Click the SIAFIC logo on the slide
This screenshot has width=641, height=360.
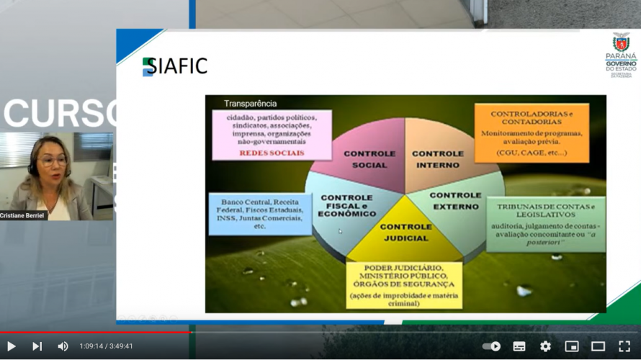click(174, 66)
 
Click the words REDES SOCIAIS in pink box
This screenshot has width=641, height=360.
click(272, 153)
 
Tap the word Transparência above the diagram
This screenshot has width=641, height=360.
click(250, 104)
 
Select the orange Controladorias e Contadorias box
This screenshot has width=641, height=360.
click(532, 132)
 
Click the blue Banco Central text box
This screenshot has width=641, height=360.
click(260, 214)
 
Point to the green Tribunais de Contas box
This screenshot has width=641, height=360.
click(545, 224)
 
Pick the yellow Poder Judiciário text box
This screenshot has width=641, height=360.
click(403, 285)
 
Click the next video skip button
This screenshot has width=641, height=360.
click(37, 346)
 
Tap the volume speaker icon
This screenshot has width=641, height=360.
click(63, 346)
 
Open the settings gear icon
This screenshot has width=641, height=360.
click(545, 346)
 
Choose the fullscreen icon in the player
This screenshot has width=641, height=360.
click(624, 346)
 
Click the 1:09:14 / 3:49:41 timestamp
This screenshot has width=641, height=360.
click(106, 346)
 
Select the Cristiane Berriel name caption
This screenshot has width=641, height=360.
click(23, 215)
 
